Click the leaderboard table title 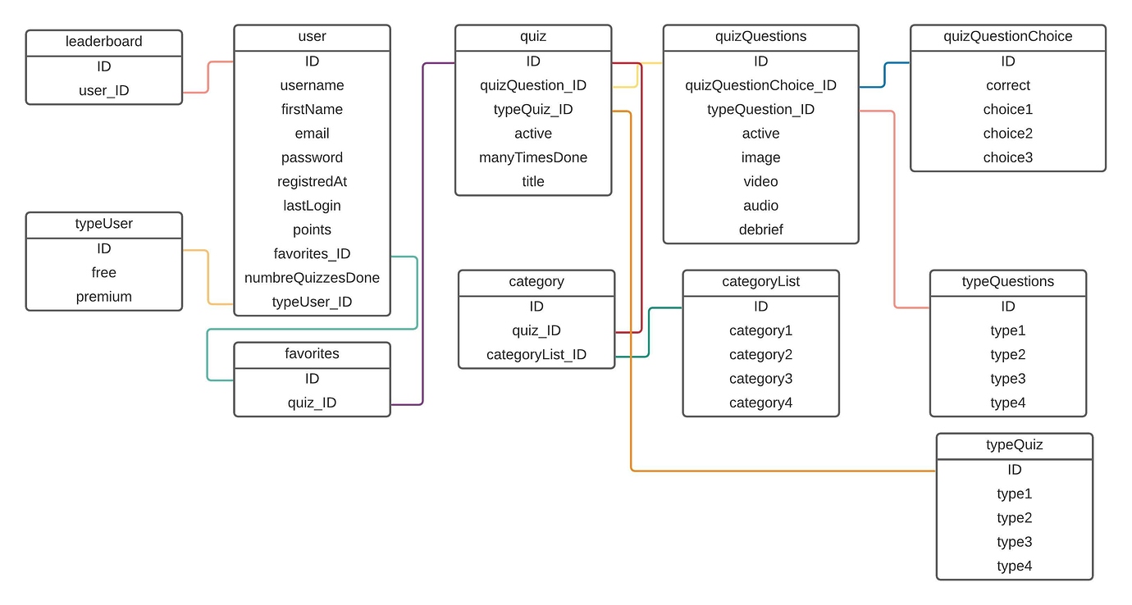(103, 42)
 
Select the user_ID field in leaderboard (103, 90)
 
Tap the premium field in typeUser (103, 297)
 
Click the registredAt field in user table (312, 181)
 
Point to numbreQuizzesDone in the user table (312, 278)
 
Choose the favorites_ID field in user (312, 253)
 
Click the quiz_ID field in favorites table (312, 403)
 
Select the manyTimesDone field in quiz (533, 157)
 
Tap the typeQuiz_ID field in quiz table (533, 109)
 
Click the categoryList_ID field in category (536, 354)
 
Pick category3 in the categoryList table (760, 379)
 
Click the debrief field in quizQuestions (760, 230)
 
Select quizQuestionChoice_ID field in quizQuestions (760, 85)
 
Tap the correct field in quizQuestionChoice (1007, 85)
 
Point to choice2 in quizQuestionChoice (1007, 133)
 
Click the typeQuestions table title (1007, 282)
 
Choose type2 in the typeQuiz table (1014, 518)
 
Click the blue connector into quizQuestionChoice (884, 74)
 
